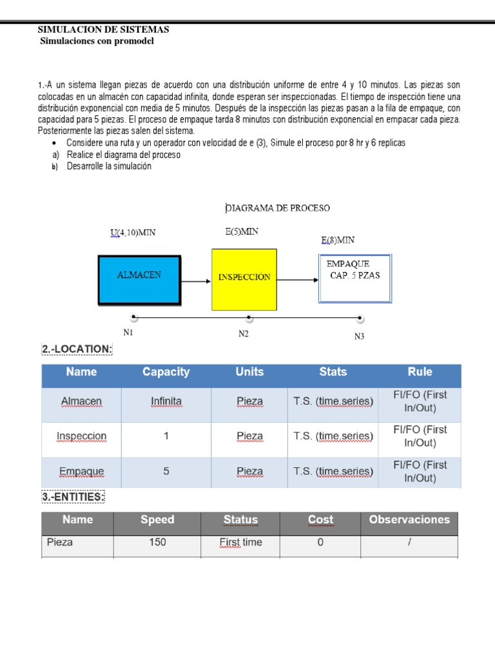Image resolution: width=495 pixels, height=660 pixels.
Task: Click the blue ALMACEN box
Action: click(x=139, y=279)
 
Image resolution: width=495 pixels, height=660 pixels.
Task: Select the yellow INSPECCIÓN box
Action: click(x=244, y=279)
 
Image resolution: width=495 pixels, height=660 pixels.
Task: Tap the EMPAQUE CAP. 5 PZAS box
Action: click(x=355, y=278)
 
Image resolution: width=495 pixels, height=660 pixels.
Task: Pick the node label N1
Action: click(x=128, y=333)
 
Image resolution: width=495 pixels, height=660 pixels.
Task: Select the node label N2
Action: click(x=244, y=333)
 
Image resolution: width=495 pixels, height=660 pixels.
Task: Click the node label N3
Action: click(x=360, y=336)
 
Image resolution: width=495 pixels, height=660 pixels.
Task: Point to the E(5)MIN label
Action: click(x=242, y=232)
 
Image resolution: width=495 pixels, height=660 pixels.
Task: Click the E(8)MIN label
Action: click(x=338, y=240)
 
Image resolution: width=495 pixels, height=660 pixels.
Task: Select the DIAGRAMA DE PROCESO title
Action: click(x=277, y=208)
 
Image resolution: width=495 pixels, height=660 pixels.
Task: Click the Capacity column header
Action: click(x=166, y=372)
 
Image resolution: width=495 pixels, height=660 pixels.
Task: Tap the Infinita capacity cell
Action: click(x=166, y=402)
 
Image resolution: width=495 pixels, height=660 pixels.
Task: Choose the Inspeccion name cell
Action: click(x=81, y=436)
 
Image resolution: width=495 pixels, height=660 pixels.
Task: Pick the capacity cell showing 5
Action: click(x=166, y=471)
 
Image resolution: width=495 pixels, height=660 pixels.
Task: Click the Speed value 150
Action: click(x=157, y=542)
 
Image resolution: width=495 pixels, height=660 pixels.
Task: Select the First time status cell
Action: click(x=240, y=542)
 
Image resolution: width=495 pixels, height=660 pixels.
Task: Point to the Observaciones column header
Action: click(x=409, y=519)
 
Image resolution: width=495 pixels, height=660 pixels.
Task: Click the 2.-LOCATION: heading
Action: click(x=77, y=349)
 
